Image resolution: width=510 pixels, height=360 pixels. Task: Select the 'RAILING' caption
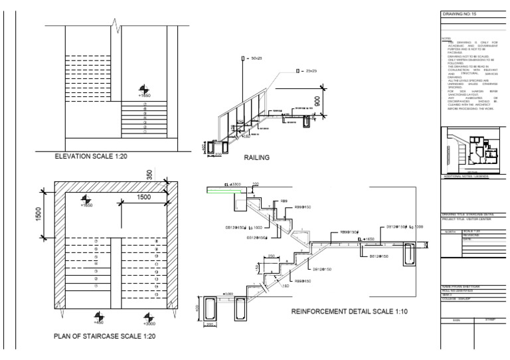pos(256,157)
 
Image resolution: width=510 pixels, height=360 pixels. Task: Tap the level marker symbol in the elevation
pos(144,90)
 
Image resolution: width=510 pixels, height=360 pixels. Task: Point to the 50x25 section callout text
pos(253,59)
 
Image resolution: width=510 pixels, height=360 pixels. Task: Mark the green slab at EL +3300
pos(221,190)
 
